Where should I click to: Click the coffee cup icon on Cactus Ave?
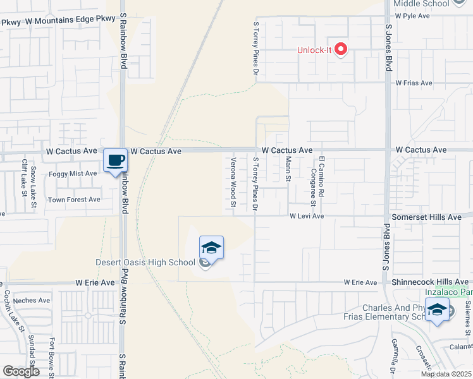(114, 161)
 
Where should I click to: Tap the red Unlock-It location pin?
(341, 49)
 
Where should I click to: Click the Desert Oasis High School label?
(145, 263)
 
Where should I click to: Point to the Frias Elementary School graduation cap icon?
(437, 311)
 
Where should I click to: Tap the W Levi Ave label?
(307, 216)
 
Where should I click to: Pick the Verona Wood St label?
(233, 183)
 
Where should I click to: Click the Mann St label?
(288, 169)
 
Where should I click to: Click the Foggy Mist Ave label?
(73, 173)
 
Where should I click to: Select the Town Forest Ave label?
(75, 200)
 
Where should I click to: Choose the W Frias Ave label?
(414, 83)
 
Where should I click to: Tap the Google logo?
(21, 371)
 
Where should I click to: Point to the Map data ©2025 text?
(446, 374)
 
